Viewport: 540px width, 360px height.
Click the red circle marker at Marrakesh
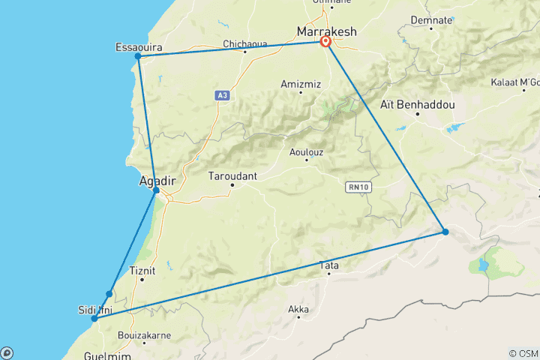(x=326, y=42)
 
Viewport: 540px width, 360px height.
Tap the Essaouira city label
(x=138, y=46)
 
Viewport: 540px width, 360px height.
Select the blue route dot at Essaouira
(x=138, y=56)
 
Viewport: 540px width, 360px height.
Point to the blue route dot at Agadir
(x=156, y=190)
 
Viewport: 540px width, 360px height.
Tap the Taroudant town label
(x=232, y=176)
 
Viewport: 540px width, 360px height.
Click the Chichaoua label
(x=245, y=44)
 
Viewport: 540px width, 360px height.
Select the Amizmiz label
(x=301, y=83)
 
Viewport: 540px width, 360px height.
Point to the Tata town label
(x=329, y=265)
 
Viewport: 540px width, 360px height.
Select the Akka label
(x=298, y=308)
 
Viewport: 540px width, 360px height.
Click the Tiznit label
(x=142, y=271)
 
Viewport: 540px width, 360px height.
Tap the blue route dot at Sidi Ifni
(x=94, y=319)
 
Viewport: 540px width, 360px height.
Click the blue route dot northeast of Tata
(x=445, y=232)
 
